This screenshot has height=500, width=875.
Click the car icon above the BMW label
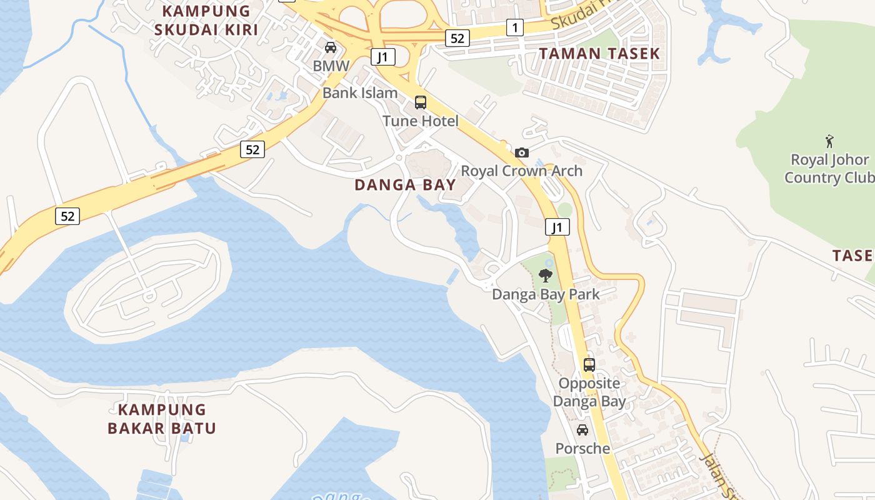331,47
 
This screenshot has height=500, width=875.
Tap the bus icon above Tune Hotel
421,102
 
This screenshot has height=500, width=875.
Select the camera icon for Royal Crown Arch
521,152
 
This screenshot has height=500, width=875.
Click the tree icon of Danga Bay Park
546,276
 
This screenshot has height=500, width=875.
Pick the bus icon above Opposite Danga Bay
589,364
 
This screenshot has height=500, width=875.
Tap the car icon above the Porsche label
582,430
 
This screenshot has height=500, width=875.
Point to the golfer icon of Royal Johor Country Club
829,141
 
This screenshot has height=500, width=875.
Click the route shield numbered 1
514,27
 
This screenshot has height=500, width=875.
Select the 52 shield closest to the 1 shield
457,38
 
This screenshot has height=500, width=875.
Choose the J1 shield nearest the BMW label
382,57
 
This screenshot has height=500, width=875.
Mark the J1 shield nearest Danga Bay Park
557,227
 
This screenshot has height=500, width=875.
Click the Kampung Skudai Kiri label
206,20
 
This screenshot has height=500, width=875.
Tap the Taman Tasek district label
599,54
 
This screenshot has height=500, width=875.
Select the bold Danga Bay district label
405,185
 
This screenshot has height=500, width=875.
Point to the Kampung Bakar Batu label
162,419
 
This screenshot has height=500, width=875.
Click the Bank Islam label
360,93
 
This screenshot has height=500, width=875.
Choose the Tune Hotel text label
421,121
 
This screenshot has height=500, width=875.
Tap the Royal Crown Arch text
521,171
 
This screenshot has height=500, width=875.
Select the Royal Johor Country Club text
829,169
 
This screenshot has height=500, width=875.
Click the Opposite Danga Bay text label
589,392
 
